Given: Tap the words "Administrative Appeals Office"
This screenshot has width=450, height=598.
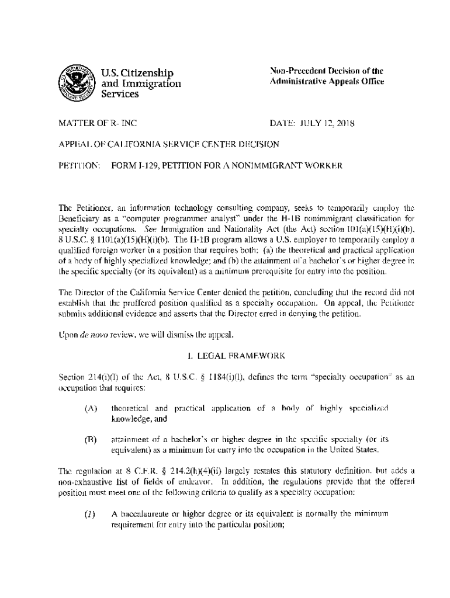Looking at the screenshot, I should (326, 82).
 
